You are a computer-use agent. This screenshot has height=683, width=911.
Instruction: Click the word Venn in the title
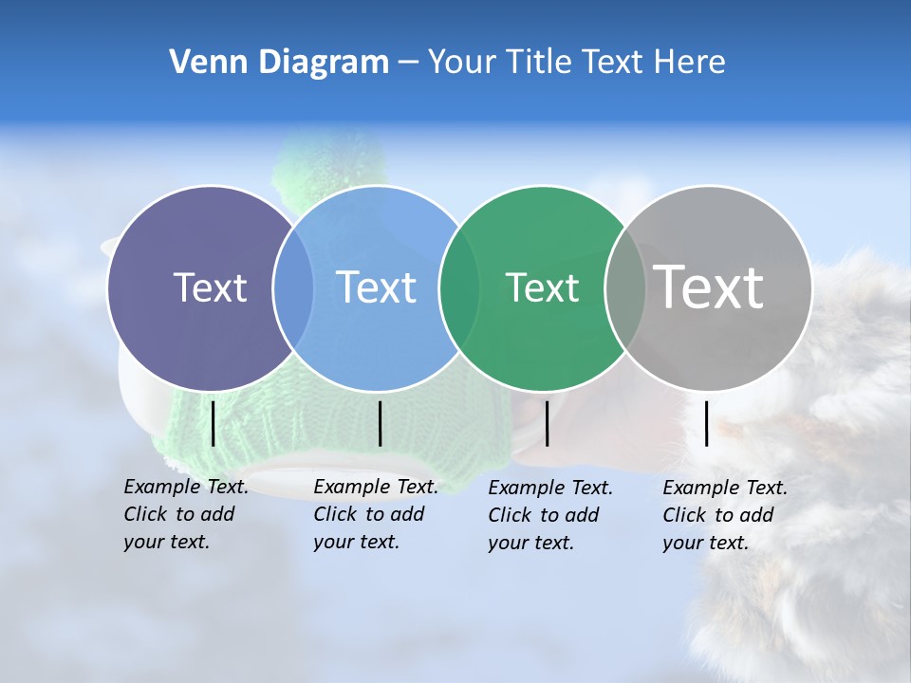click(202, 63)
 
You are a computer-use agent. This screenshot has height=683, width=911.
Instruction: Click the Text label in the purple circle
click(210, 287)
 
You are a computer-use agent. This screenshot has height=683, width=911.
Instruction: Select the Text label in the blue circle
click(376, 287)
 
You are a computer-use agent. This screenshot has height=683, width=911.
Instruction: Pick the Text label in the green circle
click(542, 287)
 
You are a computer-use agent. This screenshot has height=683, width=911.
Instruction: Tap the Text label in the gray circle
click(708, 286)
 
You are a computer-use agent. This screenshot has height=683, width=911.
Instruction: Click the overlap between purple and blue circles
click(293, 287)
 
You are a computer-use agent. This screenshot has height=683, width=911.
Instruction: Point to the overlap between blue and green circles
click(459, 287)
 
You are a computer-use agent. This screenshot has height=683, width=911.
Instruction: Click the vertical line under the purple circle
click(213, 423)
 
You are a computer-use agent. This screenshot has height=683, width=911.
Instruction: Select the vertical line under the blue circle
click(380, 423)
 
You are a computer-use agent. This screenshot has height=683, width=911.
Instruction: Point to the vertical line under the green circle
click(548, 423)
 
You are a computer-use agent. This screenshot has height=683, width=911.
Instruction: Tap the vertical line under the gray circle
click(707, 423)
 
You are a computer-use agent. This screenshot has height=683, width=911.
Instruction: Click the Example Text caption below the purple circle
click(186, 514)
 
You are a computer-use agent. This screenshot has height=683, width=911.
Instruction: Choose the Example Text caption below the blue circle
click(376, 514)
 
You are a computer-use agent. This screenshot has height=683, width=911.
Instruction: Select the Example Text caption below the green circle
click(550, 515)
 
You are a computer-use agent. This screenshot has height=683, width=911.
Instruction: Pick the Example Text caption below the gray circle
click(725, 515)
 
